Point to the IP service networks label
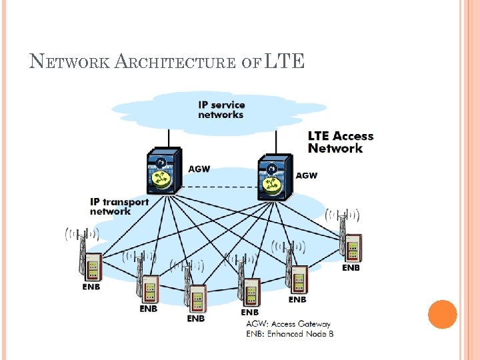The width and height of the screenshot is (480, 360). (221, 109)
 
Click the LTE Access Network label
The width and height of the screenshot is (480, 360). (340, 142)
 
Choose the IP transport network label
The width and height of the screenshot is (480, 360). (119, 206)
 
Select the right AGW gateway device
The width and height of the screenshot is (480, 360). (275, 177)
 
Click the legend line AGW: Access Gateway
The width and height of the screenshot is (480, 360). (288, 324)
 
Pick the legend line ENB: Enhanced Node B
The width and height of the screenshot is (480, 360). (289, 333)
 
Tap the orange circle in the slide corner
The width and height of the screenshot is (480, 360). (442, 314)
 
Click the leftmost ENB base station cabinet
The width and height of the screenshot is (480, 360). (91, 266)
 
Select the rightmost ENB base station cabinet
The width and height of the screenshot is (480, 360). (351, 247)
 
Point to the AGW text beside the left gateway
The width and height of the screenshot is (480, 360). (199, 169)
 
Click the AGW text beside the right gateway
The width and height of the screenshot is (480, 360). (306, 175)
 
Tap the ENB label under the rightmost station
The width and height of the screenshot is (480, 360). (351, 267)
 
